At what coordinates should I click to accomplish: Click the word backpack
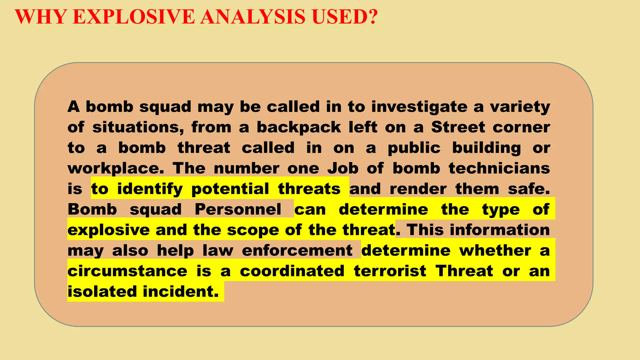(x=299, y=127)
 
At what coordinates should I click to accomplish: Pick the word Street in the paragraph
(x=458, y=127)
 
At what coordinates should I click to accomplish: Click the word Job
(x=343, y=169)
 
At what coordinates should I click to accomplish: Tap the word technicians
(x=499, y=169)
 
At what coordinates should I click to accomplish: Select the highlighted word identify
(x=150, y=189)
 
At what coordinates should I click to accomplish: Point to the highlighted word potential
(x=230, y=189)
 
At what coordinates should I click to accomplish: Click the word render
(x=418, y=189)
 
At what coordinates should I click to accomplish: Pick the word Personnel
(x=238, y=210)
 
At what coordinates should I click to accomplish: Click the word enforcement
(x=297, y=251)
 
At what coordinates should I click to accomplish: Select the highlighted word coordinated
(x=292, y=271)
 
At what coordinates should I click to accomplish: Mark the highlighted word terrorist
(x=390, y=271)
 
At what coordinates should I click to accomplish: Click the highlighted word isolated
(x=102, y=292)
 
